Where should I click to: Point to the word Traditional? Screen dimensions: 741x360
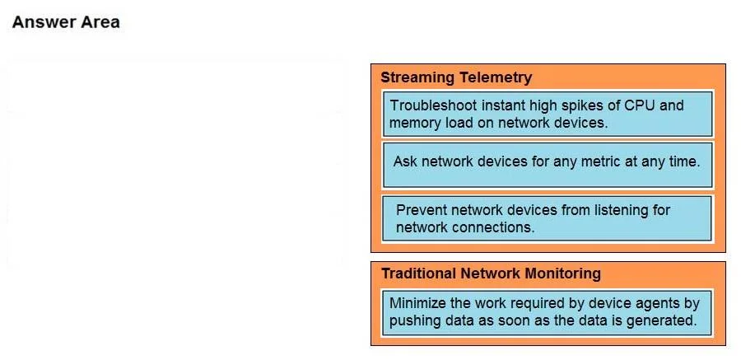point(419,274)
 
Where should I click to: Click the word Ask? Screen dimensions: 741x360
point(405,161)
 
